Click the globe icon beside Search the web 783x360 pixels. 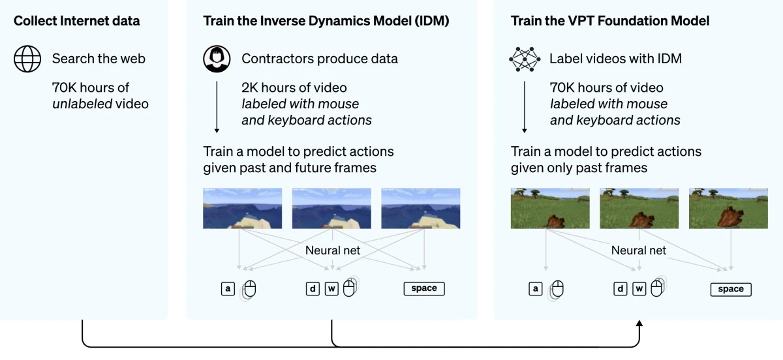(27, 59)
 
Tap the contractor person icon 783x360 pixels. (217, 59)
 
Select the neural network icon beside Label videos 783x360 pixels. (525, 59)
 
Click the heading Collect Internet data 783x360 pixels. (76, 21)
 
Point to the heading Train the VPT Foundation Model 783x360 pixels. (610, 21)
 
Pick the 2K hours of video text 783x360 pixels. (294, 87)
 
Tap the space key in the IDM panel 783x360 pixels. (424, 288)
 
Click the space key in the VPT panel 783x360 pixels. (731, 289)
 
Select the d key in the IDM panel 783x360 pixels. (313, 288)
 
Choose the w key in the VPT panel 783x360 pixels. (639, 289)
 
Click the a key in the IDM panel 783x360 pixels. (228, 288)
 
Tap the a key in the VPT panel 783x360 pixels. (536, 289)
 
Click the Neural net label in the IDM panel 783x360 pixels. (333, 250)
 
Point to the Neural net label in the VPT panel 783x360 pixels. (639, 250)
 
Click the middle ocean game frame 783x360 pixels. (331, 209)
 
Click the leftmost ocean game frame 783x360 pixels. (242, 209)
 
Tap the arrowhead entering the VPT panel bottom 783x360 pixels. (639, 324)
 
